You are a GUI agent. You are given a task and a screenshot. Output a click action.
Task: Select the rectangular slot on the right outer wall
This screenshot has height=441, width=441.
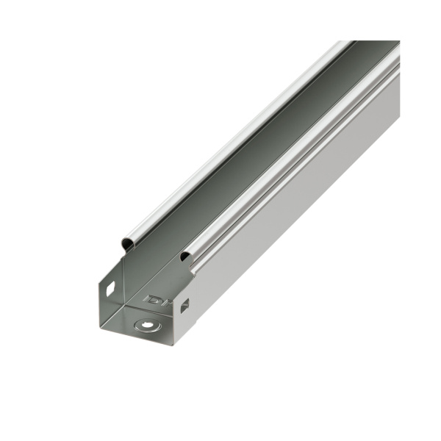click(x=184, y=305)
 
